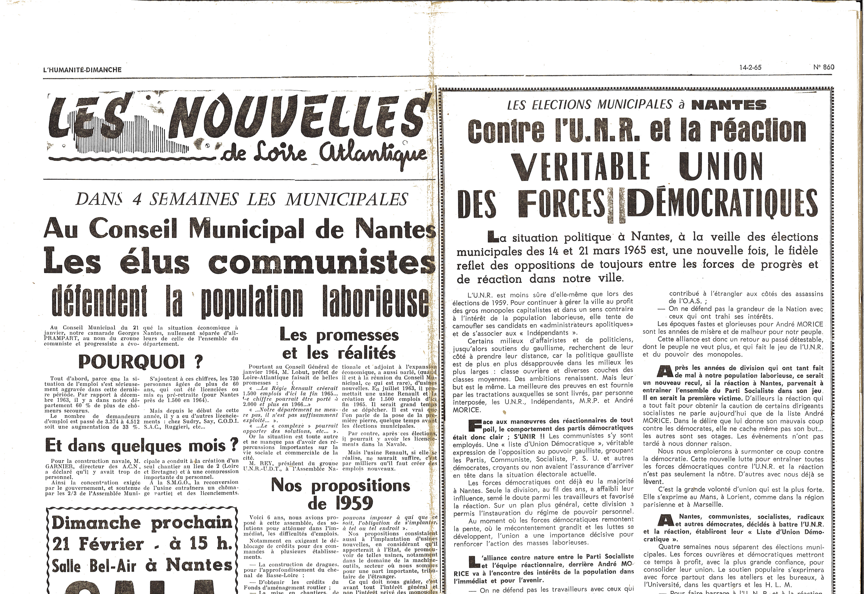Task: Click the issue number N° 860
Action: pyautogui.click(x=824, y=67)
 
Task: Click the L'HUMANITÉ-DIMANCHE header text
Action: pyautogui.click(x=82, y=70)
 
